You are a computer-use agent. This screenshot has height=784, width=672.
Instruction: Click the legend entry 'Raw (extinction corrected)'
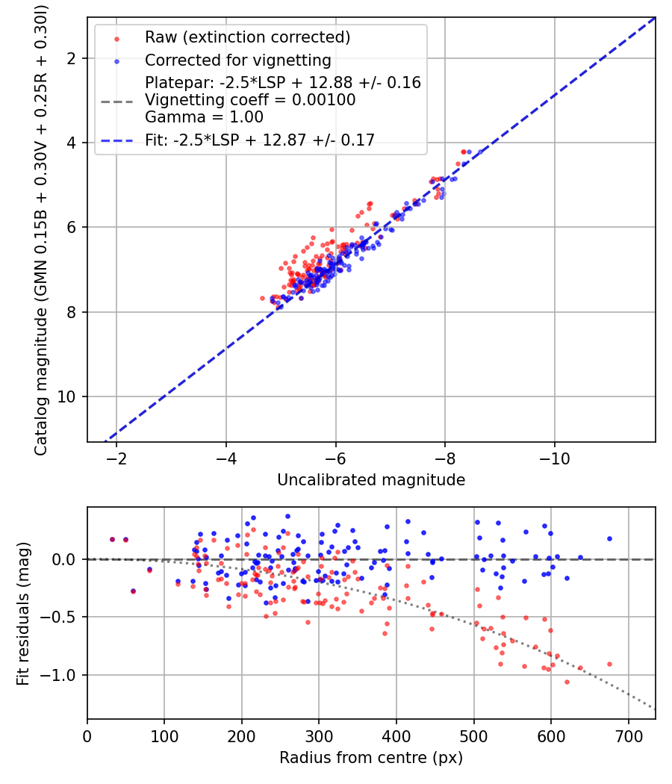tap(247, 37)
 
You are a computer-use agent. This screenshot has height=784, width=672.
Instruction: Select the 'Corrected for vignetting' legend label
tap(238, 60)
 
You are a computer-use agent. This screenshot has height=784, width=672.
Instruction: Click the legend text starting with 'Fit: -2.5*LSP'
tap(260, 140)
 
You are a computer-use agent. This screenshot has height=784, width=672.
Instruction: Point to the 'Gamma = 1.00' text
tap(204, 117)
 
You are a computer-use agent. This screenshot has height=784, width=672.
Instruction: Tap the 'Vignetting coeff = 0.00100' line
tap(250, 100)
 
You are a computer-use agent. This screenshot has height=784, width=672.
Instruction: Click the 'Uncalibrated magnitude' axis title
tap(371, 480)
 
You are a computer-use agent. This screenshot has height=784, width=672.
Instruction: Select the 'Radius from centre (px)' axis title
tap(371, 758)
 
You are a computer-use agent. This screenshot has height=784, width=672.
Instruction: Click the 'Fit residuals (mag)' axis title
tap(23, 614)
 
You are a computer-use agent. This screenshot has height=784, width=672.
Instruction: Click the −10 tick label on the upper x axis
tap(555, 458)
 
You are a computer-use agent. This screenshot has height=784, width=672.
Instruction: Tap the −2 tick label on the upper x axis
tap(116, 458)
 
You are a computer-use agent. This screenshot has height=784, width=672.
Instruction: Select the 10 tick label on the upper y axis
tap(66, 396)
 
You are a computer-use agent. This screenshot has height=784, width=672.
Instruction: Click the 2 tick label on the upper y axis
tap(72, 58)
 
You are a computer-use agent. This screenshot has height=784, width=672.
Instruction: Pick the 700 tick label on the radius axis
tap(629, 736)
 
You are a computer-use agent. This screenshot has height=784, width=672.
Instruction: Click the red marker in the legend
tap(117, 39)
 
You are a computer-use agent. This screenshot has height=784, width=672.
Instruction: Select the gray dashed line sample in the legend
tap(117, 102)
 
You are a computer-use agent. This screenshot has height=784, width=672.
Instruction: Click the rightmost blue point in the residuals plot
tap(609, 539)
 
